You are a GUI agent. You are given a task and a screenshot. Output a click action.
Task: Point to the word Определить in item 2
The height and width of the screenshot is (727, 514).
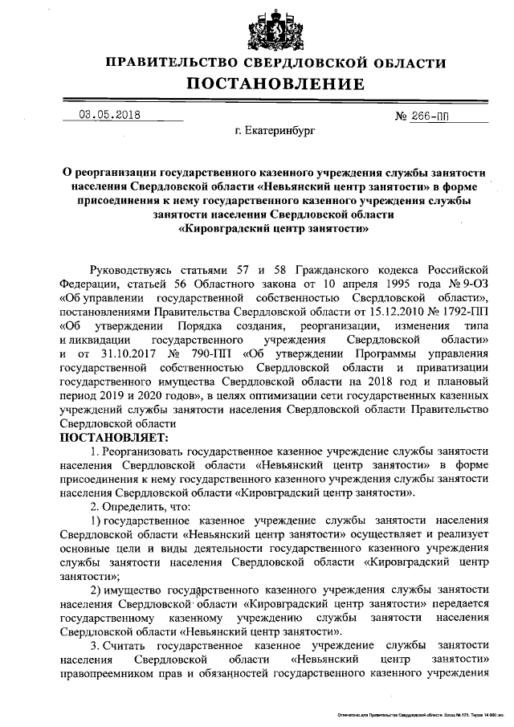pos(133,508)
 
